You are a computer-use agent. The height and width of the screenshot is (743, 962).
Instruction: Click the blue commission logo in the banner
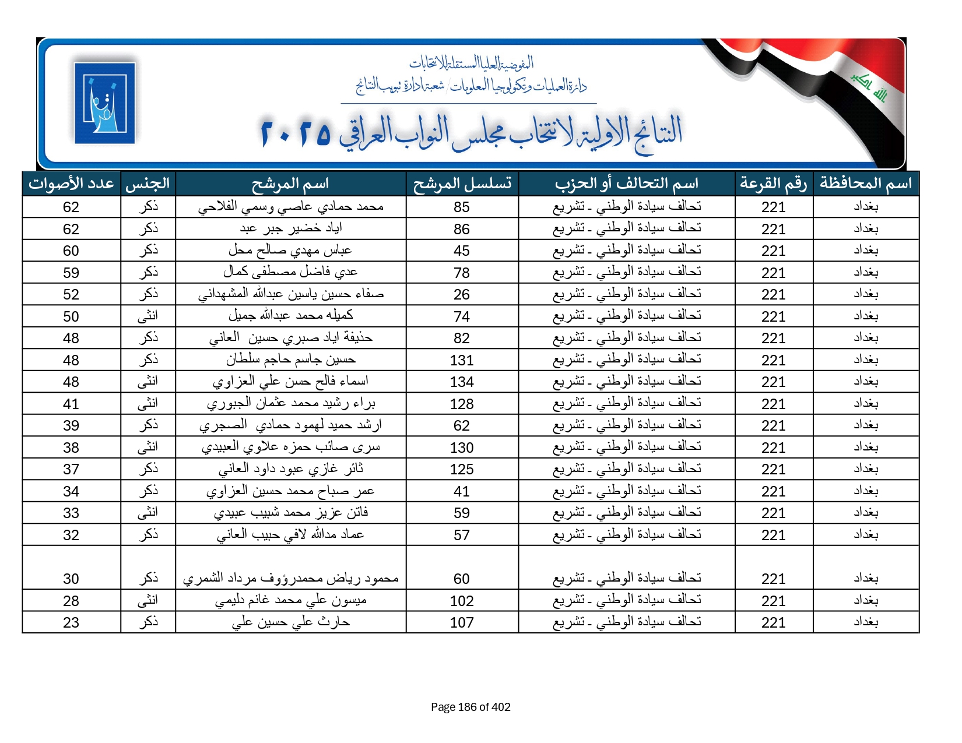point(105,103)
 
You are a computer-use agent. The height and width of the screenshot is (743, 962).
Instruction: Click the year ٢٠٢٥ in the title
point(296,133)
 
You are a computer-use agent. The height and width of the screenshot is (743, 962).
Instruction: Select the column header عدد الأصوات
point(71,184)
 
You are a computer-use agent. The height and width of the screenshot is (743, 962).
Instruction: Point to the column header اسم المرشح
point(290,184)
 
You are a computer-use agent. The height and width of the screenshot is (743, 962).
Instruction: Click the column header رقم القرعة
point(773,184)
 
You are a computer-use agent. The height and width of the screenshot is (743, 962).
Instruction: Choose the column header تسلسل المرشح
point(462,184)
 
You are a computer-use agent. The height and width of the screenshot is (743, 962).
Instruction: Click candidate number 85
point(462,207)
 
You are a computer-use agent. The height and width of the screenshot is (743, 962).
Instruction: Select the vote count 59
point(71,273)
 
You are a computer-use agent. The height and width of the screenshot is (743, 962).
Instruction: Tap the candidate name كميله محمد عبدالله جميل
point(290,316)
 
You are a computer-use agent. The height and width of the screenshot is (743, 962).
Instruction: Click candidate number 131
point(462,360)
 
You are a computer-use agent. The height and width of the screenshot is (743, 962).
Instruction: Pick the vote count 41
point(71,404)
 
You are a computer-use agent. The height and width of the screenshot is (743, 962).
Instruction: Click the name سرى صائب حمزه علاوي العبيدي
point(290,447)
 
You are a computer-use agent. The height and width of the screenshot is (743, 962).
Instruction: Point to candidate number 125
point(462,469)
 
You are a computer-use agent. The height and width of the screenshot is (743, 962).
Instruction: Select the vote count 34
point(71,491)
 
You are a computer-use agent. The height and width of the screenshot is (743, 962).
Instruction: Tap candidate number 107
point(462,622)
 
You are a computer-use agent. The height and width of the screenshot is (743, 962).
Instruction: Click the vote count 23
point(71,622)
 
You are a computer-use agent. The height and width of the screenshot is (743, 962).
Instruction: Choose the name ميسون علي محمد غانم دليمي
point(290,600)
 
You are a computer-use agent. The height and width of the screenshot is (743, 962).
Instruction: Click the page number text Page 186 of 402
point(471,707)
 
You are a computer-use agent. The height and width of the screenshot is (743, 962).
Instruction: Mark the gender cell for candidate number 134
point(148,382)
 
